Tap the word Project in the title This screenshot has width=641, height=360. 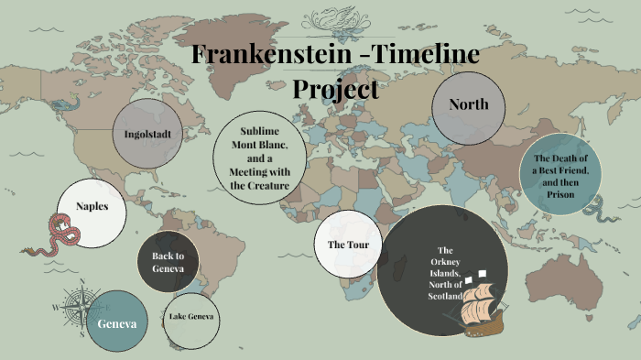pyautogui.click(x=335, y=89)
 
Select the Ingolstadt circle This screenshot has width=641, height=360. pyautogui.click(x=148, y=134)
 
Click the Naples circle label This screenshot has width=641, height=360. pyautogui.click(x=92, y=206)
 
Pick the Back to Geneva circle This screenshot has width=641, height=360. pyautogui.click(x=168, y=262)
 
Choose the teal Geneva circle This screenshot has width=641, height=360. pyautogui.click(x=117, y=322)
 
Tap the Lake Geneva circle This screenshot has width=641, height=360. pyautogui.click(x=191, y=318)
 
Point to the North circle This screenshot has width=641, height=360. pyautogui.click(x=468, y=105)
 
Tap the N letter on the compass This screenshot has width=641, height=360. pyautogui.click(x=82, y=281)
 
